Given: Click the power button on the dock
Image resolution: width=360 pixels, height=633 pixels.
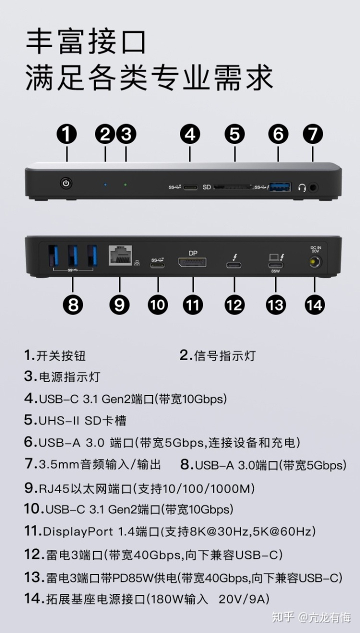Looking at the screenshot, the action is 66,183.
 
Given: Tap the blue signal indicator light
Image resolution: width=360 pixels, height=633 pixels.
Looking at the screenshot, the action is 105,184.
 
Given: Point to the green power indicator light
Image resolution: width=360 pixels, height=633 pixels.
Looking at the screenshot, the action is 125,184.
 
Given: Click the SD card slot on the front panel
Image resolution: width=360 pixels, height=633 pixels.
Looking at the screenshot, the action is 232,187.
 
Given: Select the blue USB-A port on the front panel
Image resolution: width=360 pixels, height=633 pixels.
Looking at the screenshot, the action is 280,187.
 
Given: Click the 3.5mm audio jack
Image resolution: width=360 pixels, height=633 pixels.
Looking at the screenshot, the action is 313,187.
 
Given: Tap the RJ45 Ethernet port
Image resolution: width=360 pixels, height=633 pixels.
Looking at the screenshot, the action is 120,255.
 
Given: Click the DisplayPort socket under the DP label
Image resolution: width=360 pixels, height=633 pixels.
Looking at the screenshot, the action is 192,262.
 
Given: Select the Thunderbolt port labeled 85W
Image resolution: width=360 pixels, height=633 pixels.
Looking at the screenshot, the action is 275,265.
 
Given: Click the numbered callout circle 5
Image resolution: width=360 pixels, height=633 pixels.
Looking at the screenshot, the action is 235,134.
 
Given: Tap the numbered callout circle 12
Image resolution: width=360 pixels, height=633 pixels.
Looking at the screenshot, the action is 234,305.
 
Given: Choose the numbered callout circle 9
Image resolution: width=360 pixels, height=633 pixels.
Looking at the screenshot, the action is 119,305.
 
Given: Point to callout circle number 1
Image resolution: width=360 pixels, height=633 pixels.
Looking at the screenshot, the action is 66,134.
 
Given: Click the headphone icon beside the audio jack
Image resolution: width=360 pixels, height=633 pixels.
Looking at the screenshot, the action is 302,187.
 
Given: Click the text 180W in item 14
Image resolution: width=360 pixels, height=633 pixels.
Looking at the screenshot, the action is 166,599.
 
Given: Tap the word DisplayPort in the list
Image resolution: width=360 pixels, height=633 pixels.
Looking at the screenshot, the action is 78,532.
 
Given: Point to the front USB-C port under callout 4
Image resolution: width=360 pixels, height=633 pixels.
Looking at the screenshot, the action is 190,187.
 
